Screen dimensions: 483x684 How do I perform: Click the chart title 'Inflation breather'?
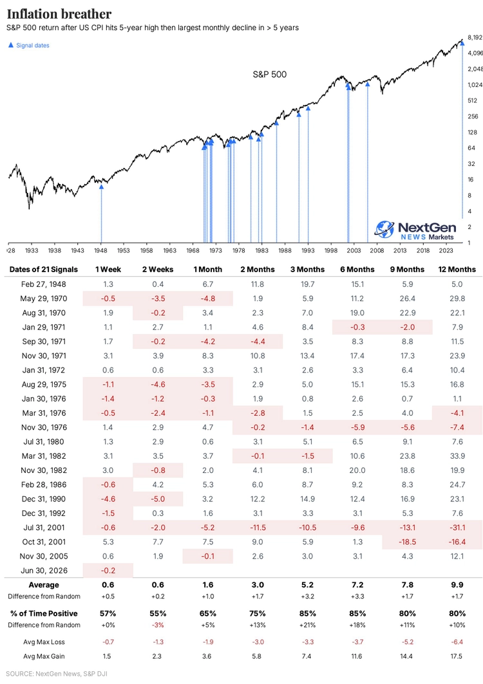pos(59,14)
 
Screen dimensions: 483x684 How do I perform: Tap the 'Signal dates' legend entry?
pos(29,46)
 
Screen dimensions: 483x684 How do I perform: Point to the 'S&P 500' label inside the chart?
pos(269,75)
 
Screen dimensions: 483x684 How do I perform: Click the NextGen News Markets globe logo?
pos(384,230)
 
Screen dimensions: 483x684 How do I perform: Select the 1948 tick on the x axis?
pos(100,250)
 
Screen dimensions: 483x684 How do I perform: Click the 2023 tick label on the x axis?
pos(446,250)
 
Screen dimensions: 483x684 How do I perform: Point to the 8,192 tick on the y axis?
pos(475,37)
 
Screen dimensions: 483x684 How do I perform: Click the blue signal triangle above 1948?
pos(101,187)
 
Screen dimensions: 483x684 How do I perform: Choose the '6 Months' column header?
pos(357,270)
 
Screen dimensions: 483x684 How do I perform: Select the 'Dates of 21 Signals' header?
pos(44,270)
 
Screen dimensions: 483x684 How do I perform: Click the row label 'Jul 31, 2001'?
pos(44,528)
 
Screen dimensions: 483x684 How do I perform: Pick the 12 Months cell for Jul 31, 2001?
pos(457,528)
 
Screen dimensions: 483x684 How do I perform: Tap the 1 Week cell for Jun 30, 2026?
pos(108,571)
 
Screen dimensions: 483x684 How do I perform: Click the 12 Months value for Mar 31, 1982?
pos(457,456)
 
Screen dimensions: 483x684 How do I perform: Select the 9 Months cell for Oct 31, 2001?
pos(408,542)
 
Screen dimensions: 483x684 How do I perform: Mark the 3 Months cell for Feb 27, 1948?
pos(307,284)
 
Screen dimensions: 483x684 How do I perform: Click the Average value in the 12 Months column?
pos(457,585)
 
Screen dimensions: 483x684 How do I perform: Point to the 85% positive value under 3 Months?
pos(307,613)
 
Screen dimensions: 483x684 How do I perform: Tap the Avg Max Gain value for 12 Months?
pos(457,656)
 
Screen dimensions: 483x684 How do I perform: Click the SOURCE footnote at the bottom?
pos(56,674)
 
